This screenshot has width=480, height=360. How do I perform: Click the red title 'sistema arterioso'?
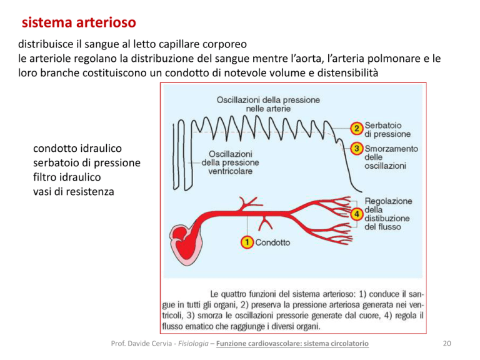(x=79, y=22)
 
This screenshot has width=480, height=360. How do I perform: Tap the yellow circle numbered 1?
(x=247, y=242)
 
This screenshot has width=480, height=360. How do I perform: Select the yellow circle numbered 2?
(x=357, y=128)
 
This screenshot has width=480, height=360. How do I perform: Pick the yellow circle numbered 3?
(x=357, y=149)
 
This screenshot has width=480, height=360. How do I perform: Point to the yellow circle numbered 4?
(x=357, y=214)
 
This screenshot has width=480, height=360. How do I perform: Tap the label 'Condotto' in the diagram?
(x=272, y=242)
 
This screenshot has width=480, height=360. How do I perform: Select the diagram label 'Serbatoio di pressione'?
(x=387, y=129)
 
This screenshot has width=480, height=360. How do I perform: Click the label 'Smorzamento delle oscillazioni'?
(x=391, y=157)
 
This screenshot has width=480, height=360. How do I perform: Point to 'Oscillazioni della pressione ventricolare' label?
(x=230, y=162)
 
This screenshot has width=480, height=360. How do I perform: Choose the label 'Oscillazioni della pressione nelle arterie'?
(x=268, y=104)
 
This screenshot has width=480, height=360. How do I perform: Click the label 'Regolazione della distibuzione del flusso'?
(x=388, y=214)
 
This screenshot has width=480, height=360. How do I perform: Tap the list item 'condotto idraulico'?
(x=77, y=149)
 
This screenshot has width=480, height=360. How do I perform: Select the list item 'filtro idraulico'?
(x=67, y=177)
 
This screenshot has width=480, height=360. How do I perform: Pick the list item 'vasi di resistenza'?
(x=74, y=192)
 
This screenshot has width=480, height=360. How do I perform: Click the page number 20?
(x=447, y=344)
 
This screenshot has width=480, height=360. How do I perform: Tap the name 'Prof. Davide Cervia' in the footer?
(x=141, y=344)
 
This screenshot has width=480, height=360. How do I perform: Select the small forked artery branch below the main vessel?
(x=265, y=223)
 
